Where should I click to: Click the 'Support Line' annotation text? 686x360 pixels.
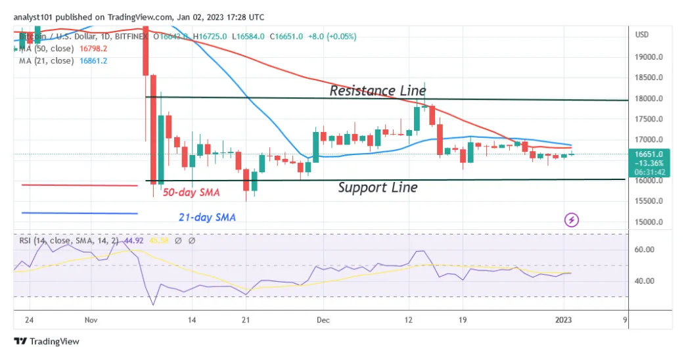coord(377,188)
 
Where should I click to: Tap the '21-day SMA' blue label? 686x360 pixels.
coord(207,217)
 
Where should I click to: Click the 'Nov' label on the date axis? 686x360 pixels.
coord(91,320)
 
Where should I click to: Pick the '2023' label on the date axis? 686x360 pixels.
coord(563,320)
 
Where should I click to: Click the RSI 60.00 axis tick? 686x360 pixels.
coord(644,250)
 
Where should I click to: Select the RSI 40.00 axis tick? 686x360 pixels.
coord(644,281)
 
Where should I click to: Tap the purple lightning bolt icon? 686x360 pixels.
coord(572,219)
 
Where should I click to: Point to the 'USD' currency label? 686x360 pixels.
coord(642,35)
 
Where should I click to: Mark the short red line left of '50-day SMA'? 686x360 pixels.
coord(80,185)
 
